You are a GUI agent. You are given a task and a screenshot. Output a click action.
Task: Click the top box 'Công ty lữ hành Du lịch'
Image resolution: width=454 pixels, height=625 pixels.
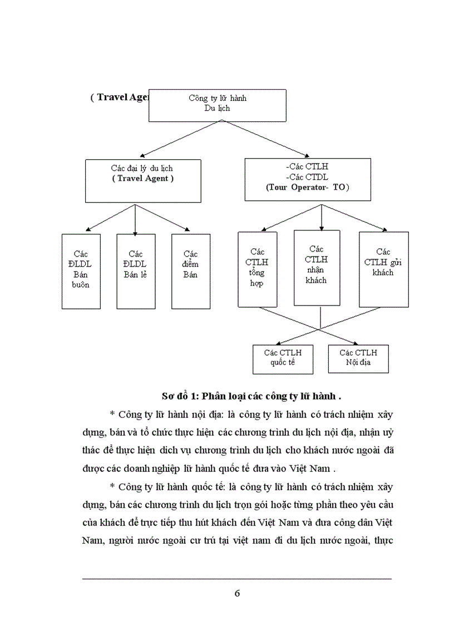pyautogui.click(x=217, y=105)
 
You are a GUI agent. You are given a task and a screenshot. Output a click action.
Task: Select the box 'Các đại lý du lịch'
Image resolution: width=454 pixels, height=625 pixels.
pyautogui.click(x=143, y=180)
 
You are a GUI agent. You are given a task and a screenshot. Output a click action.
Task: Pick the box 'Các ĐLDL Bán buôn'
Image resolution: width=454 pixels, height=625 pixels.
pyautogui.click(x=81, y=271)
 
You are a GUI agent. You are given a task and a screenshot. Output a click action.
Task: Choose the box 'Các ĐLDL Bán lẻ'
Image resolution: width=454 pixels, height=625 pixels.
pyautogui.click(x=135, y=271)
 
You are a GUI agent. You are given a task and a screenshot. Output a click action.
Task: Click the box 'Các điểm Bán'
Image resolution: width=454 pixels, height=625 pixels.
pyautogui.click(x=190, y=271)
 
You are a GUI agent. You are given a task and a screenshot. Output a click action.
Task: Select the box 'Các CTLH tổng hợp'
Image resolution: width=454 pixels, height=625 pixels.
pyautogui.click(x=257, y=269)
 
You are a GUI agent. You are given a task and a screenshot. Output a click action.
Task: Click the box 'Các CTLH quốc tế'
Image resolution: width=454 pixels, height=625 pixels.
pyautogui.click(x=283, y=359)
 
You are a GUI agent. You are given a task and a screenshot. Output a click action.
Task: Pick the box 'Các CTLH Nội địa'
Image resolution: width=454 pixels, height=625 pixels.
pyautogui.click(x=358, y=359)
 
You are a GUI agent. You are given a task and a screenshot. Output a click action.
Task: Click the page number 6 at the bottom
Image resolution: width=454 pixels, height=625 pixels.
pyautogui.click(x=238, y=593)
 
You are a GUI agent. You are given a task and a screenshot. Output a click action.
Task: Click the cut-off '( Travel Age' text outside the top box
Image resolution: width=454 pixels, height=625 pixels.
pyautogui.click(x=119, y=97)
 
